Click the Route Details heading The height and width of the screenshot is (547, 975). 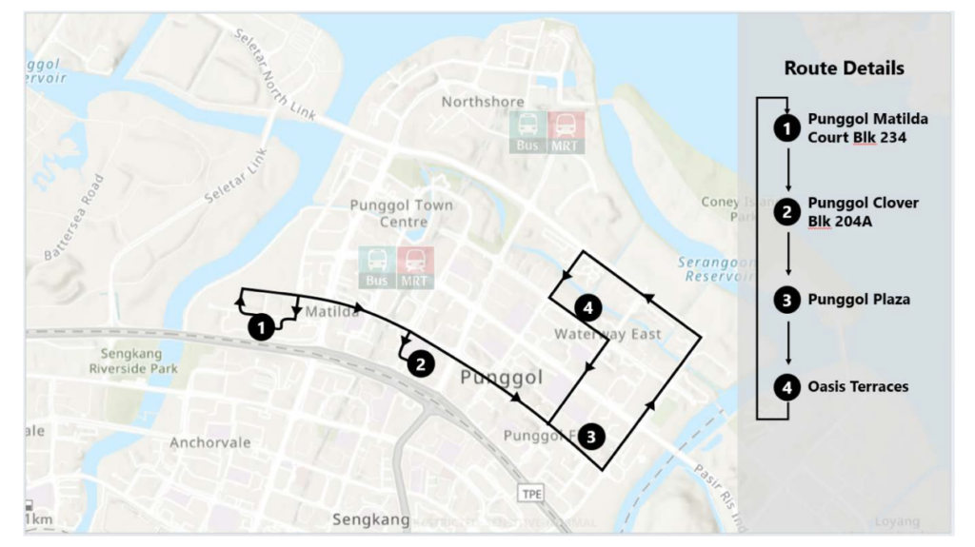[844, 68]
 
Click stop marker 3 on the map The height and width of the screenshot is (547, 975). [592, 437]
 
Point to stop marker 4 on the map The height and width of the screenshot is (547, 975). [589, 307]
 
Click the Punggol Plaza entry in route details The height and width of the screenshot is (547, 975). [859, 300]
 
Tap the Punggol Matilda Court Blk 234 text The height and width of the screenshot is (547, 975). [867, 127]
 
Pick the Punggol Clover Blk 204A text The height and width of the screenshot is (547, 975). [863, 212]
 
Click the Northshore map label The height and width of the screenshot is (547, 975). [483, 102]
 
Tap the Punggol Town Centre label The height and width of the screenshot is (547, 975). [402, 213]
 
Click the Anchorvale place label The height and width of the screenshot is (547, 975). [209, 442]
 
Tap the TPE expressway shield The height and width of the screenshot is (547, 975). [530, 493]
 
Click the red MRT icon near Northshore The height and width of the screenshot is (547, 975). [566, 131]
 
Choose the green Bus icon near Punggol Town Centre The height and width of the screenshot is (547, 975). [377, 267]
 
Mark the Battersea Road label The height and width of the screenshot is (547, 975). [74, 218]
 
